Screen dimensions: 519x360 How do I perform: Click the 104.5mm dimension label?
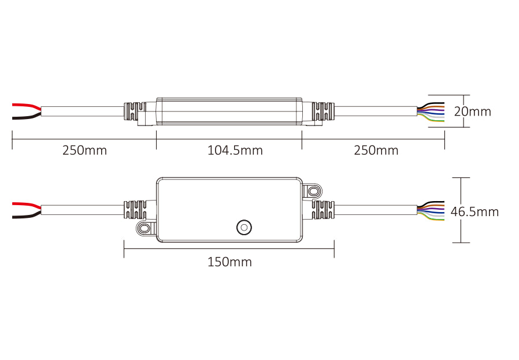click(x=235, y=151)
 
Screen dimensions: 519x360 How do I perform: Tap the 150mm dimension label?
click(x=229, y=262)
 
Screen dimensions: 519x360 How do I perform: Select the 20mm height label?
click(x=472, y=112)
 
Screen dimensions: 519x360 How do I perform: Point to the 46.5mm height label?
click(x=474, y=211)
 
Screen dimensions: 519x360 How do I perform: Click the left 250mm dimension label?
click(x=85, y=151)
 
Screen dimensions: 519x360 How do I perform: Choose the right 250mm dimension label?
click(x=376, y=151)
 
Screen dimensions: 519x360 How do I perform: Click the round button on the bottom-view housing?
click(x=244, y=228)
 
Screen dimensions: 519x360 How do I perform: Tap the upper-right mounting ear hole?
click(x=312, y=191)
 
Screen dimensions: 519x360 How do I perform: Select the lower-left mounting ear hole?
click(x=144, y=228)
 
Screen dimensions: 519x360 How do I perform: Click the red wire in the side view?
click(x=27, y=106)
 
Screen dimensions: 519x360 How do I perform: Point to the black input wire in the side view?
click(x=27, y=116)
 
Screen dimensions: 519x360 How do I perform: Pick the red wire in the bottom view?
click(x=27, y=206)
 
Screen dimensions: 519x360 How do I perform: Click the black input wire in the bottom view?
click(x=27, y=215)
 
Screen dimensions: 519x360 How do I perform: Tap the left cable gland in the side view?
click(x=135, y=111)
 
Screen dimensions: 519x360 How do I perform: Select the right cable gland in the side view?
click(x=324, y=111)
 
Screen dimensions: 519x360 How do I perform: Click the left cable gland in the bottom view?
click(x=135, y=210)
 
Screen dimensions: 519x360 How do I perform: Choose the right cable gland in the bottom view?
click(x=323, y=210)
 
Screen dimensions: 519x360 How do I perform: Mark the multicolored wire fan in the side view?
click(x=431, y=112)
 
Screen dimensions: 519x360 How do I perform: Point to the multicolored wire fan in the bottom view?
click(x=431, y=211)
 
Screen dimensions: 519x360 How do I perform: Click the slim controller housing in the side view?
click(x=229, y=112)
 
